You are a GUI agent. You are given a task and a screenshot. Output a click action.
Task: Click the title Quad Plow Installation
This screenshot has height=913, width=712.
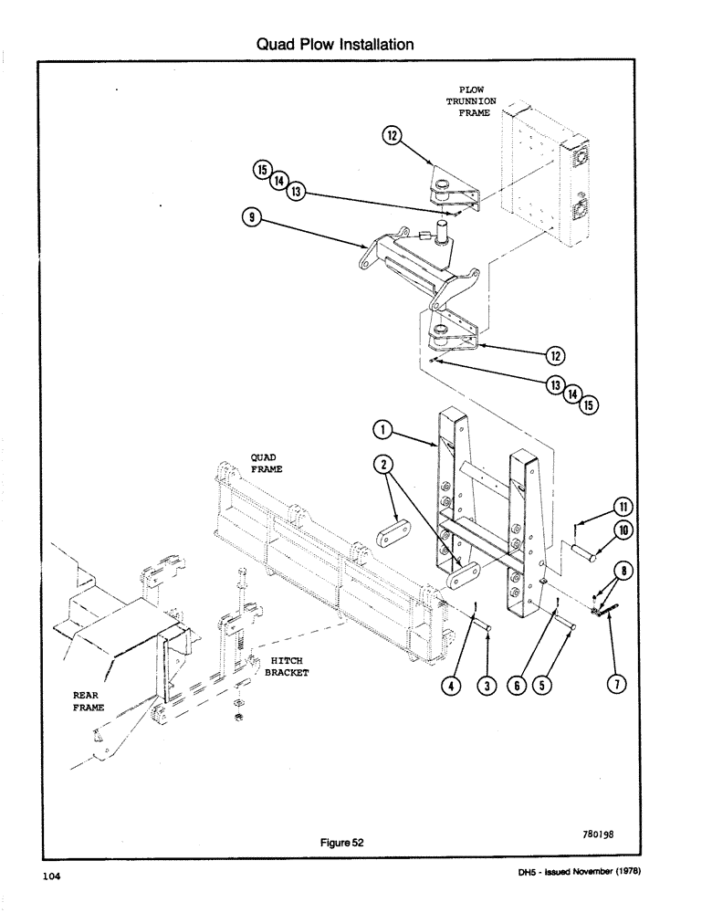click(335, 44)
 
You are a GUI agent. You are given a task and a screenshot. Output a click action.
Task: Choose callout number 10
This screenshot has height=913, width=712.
click(623, 530)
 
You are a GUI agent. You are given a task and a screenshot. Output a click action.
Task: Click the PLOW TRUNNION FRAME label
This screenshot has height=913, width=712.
click(470, 101)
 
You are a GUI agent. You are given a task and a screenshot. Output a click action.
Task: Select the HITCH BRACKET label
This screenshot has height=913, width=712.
click(289, 666)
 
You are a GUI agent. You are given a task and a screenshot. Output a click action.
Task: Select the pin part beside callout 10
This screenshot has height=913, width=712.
click(585, 552)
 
